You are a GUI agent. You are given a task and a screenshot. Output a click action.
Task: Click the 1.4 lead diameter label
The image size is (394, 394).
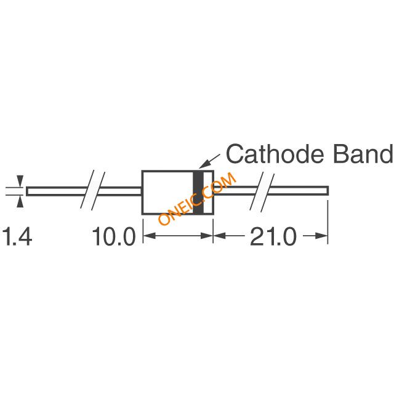[x=17, y=237]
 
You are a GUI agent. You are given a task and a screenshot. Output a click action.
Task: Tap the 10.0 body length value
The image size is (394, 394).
[x=114, y=237]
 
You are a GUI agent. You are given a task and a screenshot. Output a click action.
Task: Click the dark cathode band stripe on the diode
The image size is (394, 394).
[x=198, y=192]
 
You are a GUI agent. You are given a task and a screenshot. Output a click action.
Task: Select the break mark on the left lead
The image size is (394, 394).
[x=93, y=191]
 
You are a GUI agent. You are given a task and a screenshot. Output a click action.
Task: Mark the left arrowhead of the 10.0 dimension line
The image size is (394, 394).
[x=148, y=235]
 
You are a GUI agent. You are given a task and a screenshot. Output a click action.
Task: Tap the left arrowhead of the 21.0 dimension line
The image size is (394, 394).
[x=219, y=235]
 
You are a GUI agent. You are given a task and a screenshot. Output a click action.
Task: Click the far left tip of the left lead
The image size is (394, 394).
[x=28, y=191]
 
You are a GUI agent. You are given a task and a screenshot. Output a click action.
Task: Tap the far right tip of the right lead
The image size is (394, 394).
[x=327, y=191]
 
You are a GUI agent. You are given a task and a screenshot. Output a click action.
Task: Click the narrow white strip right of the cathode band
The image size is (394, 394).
[x=208, y=192]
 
